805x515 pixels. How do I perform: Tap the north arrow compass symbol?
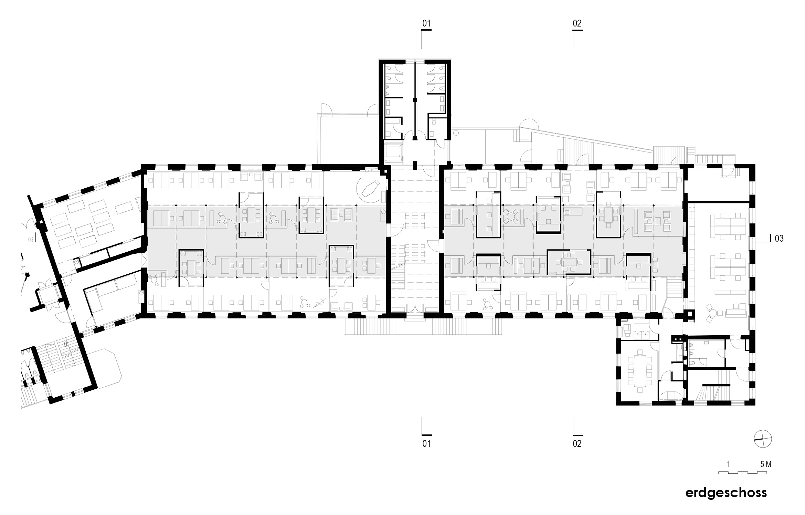[x=762, y=440]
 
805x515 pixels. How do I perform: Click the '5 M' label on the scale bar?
[x=766, y=464]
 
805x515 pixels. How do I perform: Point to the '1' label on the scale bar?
[x=729, y=464]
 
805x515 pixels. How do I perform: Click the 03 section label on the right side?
[x=779, y=238]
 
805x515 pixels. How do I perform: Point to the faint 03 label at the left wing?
[x=31, y=240]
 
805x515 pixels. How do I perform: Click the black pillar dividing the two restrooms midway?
[x=415, y=100]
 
